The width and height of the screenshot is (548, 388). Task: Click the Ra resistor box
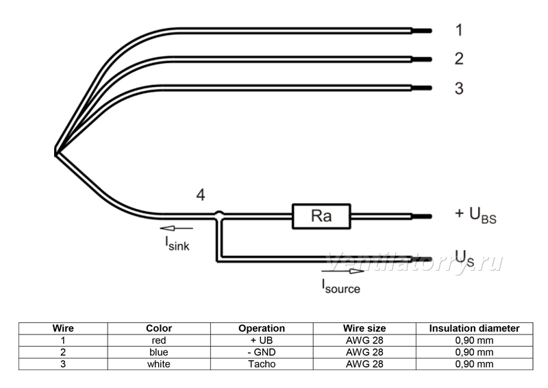pos(321,216)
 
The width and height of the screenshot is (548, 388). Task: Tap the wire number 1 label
pos(459,30)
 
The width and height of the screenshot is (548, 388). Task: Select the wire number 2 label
pos(459,58)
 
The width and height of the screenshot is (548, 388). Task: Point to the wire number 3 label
pos(459,88)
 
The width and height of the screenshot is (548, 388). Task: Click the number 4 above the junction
pos(201,195)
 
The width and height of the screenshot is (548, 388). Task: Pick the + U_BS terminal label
pos(475,215)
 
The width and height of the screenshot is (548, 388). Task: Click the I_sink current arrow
pos(176,228)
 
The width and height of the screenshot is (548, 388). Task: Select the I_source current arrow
pos(342,271)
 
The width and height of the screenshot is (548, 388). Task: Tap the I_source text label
pos(340,286)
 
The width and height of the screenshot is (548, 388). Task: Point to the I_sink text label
pos(177,243)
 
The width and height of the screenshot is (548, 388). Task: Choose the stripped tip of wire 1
pos(422,31)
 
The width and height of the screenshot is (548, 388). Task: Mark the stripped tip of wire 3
pos(422,88)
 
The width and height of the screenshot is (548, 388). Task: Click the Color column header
pos(159,328)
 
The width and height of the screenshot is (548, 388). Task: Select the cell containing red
pos(159,340)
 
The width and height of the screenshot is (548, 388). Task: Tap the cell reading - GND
pos(262,352)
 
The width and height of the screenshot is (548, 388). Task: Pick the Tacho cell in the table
pos(262,364)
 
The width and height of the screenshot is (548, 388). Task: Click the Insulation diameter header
pos(474,328)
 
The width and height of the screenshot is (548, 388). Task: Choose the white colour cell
pos(159,364)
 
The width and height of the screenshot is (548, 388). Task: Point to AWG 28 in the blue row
pos(364,352)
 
